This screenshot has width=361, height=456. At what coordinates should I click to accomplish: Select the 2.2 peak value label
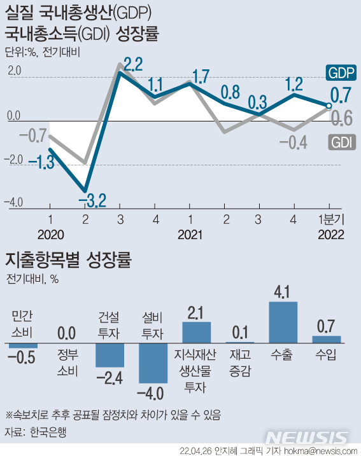pos(133,64)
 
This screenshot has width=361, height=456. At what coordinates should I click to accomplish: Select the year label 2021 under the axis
pos(190,235)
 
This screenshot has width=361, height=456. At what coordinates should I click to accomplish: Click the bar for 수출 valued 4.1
pos(283,323)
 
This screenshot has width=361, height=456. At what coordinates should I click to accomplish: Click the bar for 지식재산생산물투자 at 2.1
pos(196,333)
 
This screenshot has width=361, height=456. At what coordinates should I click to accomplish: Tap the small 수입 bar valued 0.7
pos(327,340)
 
